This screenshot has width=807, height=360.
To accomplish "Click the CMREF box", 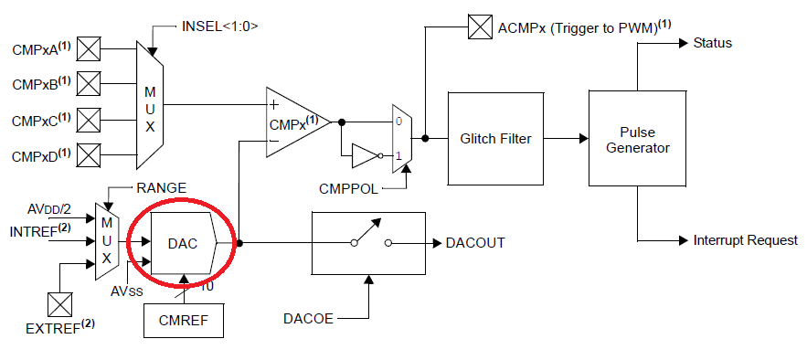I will tap(184, 319).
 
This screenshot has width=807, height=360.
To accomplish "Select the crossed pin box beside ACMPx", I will tap(480, 27).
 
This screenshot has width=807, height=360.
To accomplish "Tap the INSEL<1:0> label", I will tap(220, 26).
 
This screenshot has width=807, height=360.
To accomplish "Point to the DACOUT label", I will tap(475, 243).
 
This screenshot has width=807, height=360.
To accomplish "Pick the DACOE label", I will tap(309, 319).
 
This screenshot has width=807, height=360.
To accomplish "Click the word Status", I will tap(712, 43).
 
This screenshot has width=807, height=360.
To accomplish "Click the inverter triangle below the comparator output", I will tap(364, 156).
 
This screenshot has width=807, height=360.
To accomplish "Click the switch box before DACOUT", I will tap(369, 243).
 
